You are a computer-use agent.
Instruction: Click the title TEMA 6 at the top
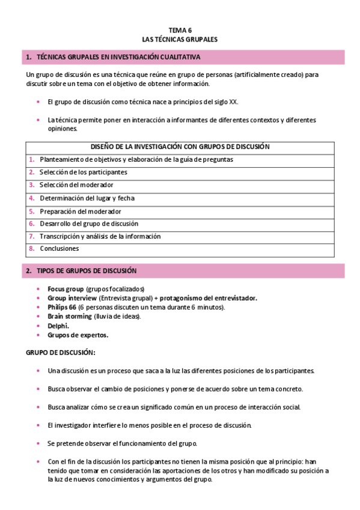tap(180, 29)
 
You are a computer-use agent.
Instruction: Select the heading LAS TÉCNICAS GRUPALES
tap(180, 38)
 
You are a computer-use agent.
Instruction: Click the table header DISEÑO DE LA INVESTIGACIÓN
tap(180, 147)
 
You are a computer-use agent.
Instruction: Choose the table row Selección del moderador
tap(76, 185)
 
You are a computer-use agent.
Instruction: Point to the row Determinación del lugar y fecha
tap(87, 198)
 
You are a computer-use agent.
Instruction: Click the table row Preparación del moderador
tap(81, 211)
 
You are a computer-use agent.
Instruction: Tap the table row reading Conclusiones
tap(59, 248)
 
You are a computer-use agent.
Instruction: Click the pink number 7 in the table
tap(31, 236)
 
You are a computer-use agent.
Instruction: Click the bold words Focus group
tap(66, 289)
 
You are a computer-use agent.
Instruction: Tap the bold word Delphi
tap(58, 325)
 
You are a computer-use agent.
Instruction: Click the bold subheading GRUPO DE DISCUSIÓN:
tap(59, 352)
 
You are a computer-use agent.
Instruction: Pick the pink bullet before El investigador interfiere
tap(38, 425)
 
